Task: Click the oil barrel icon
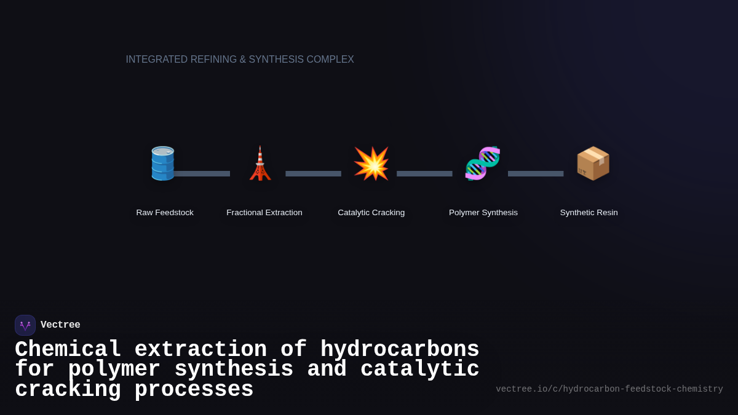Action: point(163,164)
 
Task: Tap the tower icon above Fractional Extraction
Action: point(260,164)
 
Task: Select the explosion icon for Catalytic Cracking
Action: point(371,164)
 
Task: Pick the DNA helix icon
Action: point(483,164)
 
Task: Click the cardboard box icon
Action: point(593,164)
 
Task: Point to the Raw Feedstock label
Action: point(165,213)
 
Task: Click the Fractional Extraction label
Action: point(264,213)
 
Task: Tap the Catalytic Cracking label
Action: point(371,213)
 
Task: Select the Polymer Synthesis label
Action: point(483,213)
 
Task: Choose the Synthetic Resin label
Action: point(589,213)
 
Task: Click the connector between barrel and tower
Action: point(203,174)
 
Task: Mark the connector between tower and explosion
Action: point(313,174)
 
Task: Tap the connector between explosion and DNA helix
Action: point(424,174)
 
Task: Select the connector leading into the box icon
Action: point(536,174)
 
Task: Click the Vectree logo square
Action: point(25,325)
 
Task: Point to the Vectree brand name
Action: point(60,325)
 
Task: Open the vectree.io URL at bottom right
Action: point(609,389)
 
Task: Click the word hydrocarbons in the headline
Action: point(400,350)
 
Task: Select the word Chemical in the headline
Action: point(68,350)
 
